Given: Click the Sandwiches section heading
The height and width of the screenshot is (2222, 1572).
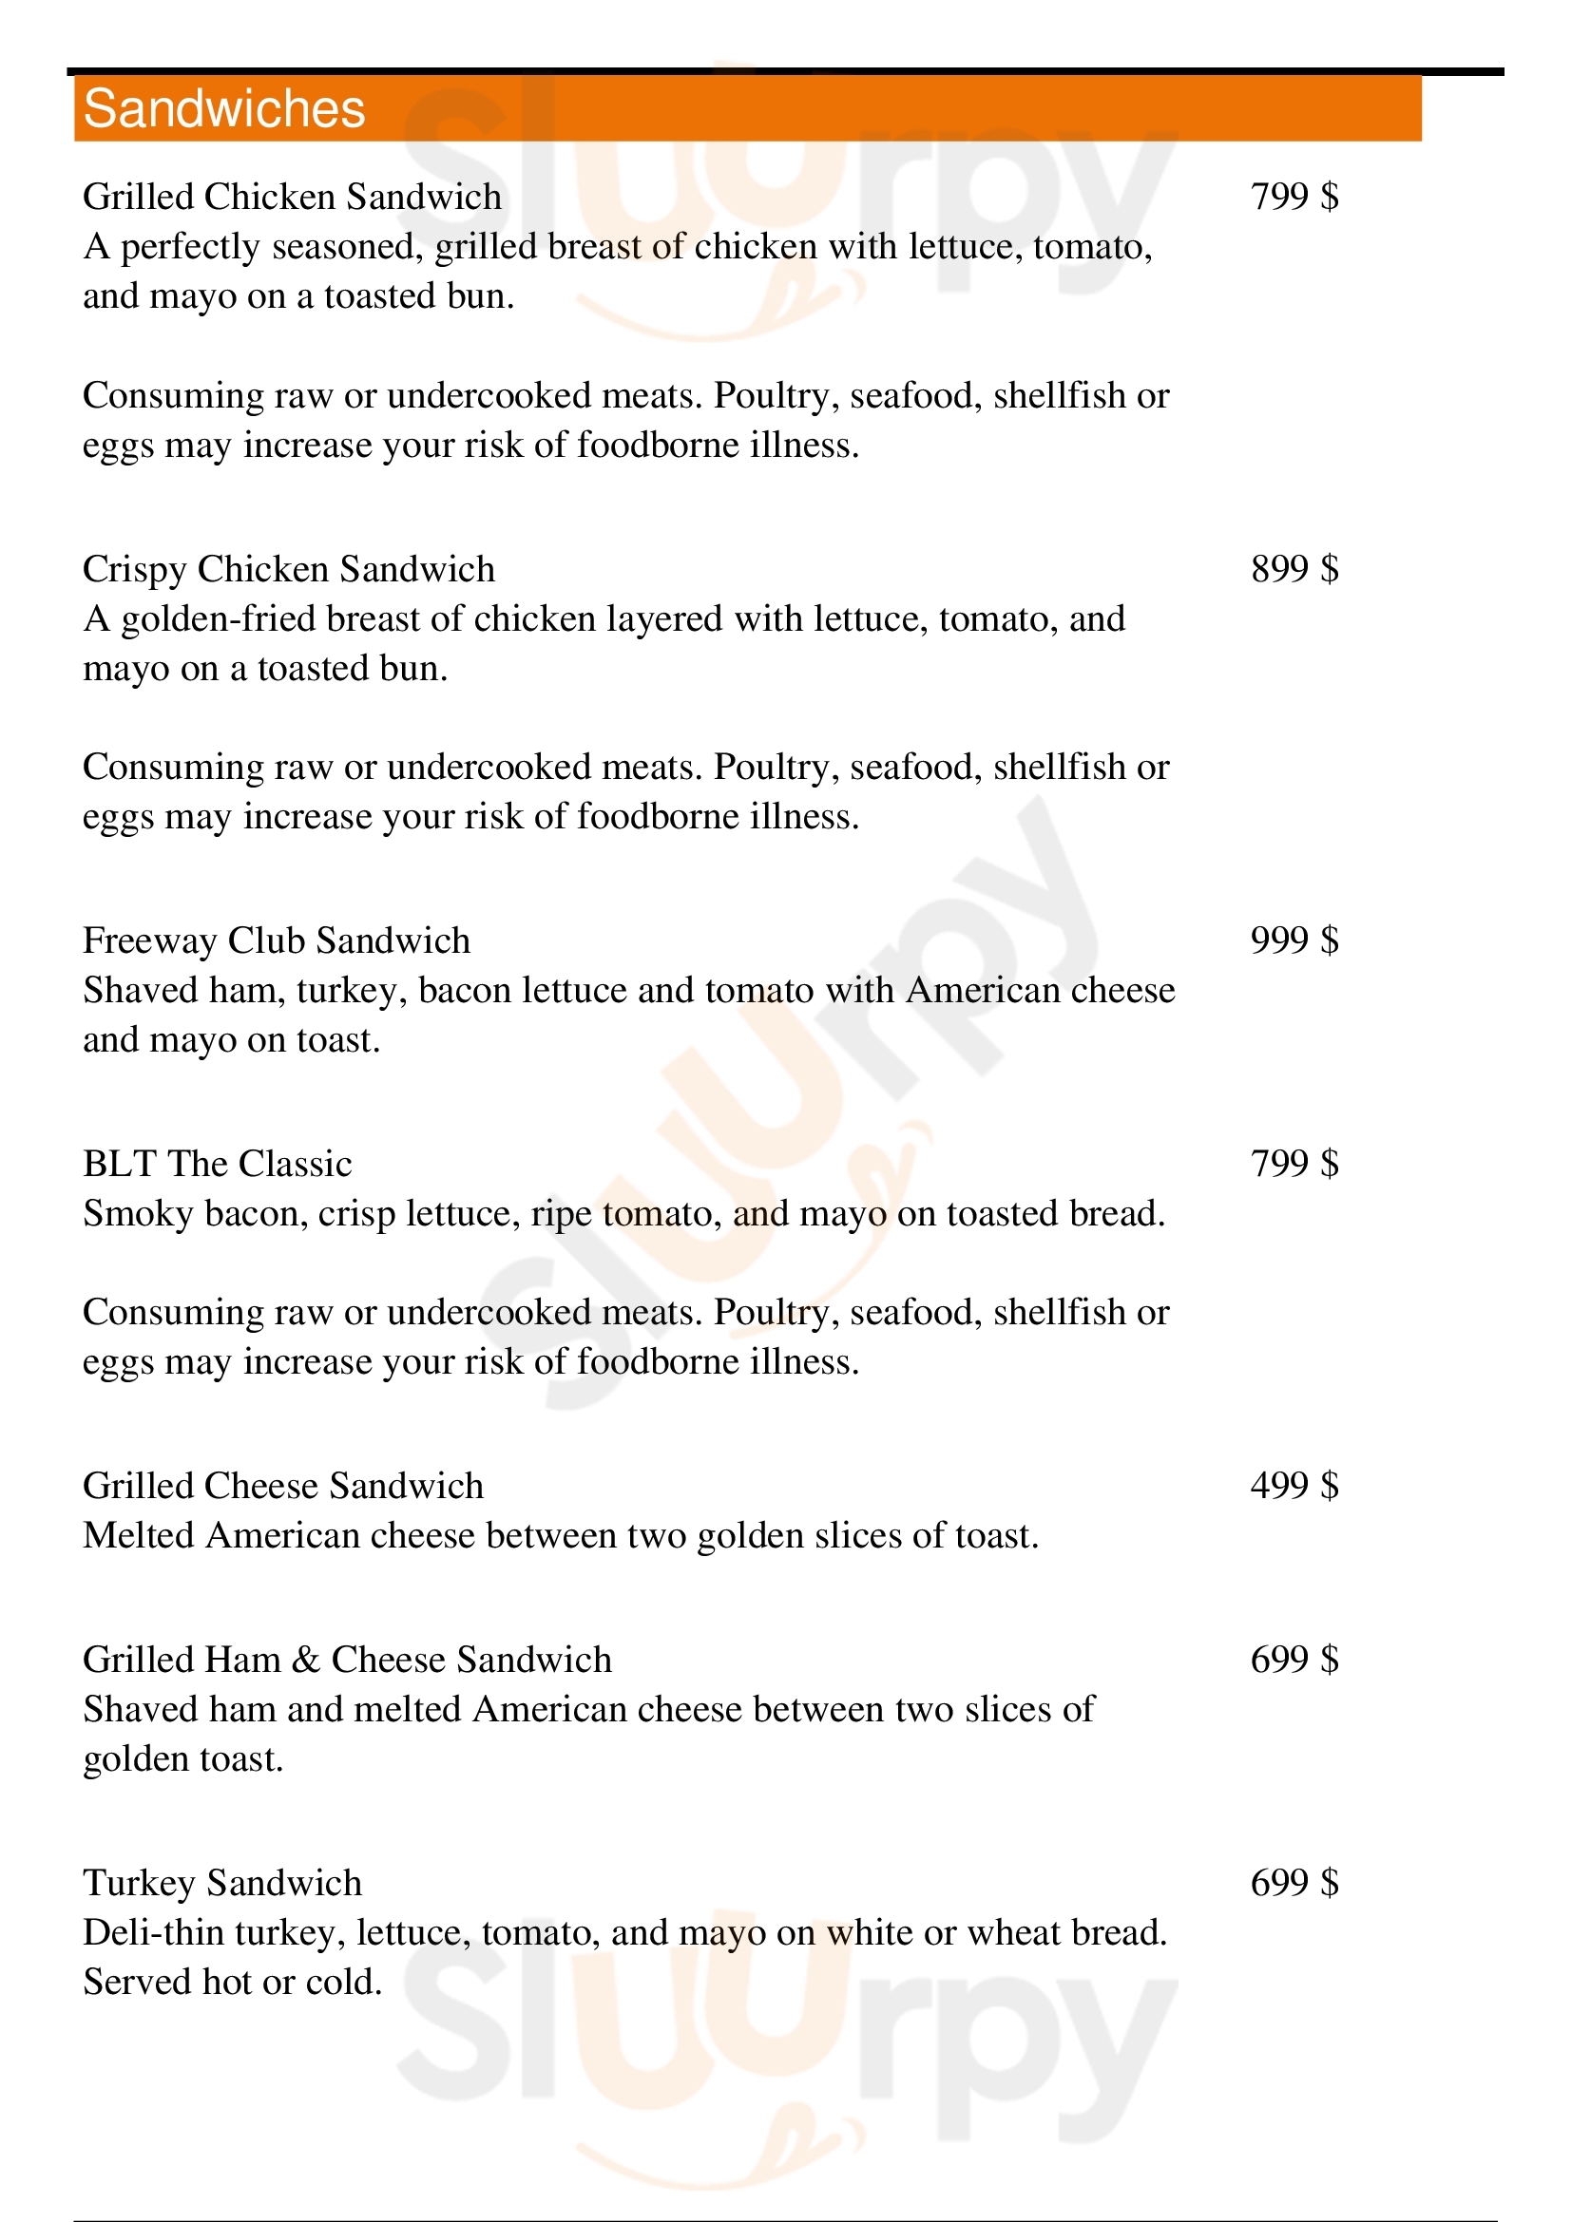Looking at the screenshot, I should (x=223, y=108).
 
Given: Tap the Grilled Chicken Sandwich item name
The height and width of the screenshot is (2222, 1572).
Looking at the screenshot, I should (x=293, y=197).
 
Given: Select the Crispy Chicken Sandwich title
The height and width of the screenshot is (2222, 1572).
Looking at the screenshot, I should (x=289, y=569).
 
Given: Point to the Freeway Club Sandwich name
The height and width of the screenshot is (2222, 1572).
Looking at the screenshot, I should (x=276, y=940).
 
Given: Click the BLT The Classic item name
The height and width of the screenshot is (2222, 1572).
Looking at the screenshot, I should (x=217, y=1164).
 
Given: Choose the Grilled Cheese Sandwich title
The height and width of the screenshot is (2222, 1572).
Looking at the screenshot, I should (x=282, y=1486).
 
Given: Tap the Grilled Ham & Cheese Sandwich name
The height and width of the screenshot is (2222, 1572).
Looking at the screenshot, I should (x=347, y=1660).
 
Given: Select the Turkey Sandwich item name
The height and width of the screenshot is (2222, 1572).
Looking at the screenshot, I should (x=221, y=1882).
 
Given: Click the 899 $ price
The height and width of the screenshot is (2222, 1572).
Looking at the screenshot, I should (x=1294, y=569).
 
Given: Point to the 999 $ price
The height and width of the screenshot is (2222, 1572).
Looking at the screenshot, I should (x=1294, y=940).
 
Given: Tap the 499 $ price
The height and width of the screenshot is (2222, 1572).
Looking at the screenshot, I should (x=1294, y=1485).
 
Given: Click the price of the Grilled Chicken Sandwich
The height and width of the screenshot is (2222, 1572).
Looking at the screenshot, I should (x=1294, y=197).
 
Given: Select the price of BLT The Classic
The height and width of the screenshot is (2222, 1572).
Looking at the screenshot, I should (x=1294, y=1164).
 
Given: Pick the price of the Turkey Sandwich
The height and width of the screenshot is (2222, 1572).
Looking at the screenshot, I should (x=1294, y=1882).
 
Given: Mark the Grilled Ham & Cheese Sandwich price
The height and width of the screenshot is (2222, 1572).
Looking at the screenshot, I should (x=1294, y=1660).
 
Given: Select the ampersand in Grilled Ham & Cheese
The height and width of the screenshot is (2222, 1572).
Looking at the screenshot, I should (x=306, y=1660).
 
